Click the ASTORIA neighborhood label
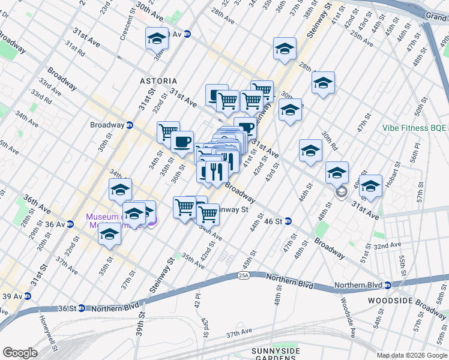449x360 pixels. [x=158, y=80]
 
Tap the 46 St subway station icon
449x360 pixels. [x=288, y=221]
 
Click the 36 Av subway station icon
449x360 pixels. [x=70, y=224]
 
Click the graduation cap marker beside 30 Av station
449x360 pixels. [x=157, y=39]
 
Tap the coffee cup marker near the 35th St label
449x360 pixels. [x=182, y=143]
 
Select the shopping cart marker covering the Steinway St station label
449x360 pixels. [x=208, y=213]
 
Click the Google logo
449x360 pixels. [x=20, y=353]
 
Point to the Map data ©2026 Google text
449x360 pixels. [x=411, y=355]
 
